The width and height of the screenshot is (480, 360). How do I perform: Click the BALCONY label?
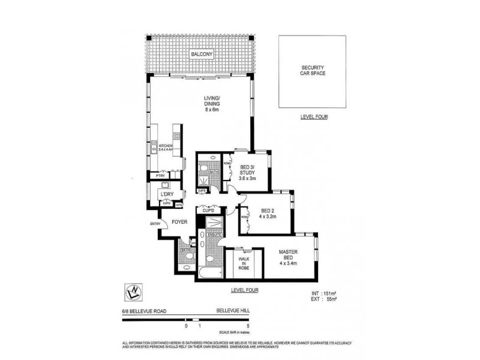(x=201, y=55)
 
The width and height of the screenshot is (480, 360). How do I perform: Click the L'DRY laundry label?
(x=167, y=194)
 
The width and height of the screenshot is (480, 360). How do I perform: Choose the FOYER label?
(x=181, y=221)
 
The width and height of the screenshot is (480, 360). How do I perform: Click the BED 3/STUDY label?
(x=248, y=173)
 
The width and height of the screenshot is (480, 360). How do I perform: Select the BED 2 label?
(x=268, y=214)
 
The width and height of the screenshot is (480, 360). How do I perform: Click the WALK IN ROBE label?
(x=244, y=264)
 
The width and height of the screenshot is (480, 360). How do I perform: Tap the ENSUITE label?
(x=213, y=235)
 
